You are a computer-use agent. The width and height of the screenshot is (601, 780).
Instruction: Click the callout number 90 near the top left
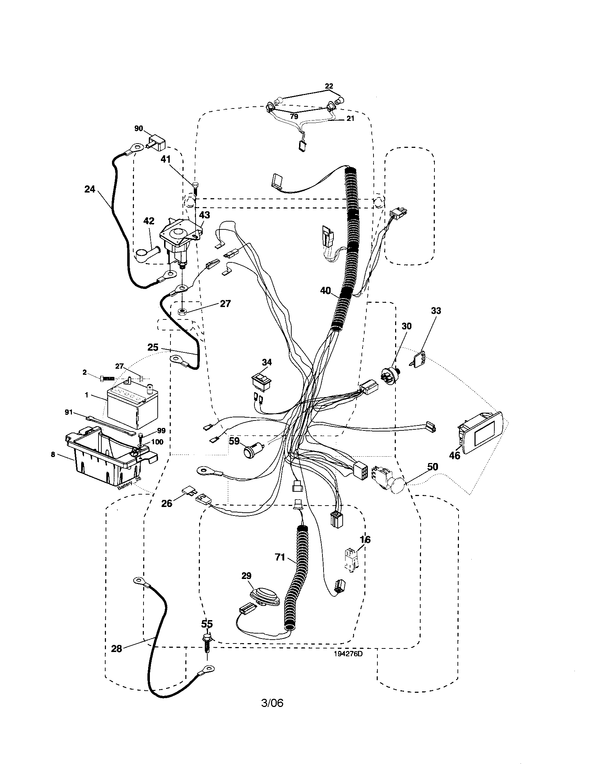[139, 129]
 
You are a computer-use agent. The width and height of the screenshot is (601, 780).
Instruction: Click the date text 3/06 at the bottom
[272, 703]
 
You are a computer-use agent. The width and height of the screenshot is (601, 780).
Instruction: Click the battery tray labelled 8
[103, 457]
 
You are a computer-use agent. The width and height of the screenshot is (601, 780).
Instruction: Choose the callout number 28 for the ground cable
[117, 648]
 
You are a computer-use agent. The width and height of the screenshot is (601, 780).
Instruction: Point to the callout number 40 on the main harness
[325, 291]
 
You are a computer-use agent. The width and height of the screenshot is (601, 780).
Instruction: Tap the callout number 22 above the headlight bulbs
[329, 86]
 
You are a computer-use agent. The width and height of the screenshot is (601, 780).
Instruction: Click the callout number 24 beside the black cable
[90, 189]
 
